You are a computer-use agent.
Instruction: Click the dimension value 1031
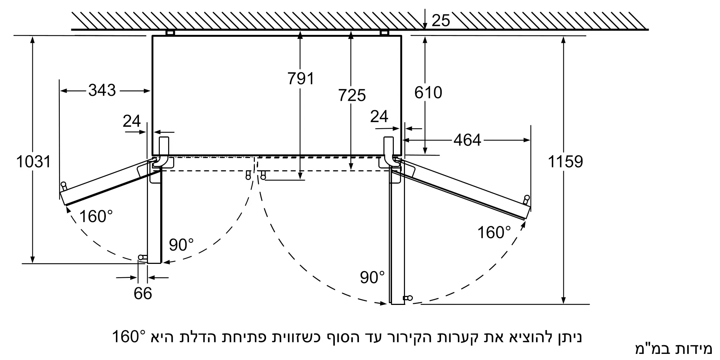click(33, 162)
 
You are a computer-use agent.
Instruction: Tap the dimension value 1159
click(565, 162)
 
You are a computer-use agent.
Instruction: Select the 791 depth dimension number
click(301, 78)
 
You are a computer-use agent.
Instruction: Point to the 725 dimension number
click(352, 95)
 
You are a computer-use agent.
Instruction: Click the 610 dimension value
click(428, 93)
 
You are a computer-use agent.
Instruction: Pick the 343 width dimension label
click(102, 90)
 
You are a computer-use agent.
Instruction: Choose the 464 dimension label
click(467, 140)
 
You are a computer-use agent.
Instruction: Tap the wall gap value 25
click(441, 21)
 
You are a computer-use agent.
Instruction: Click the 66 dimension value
click(143, 293)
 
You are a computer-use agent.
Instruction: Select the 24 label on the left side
click(131, 121)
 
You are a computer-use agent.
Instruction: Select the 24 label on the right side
click(379, 117)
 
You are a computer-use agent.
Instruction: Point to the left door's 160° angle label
click(96, 217)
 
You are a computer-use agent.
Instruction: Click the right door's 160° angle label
click(494, 233)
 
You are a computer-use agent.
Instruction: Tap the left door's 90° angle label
click(181, 245)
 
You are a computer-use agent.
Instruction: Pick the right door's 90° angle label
click(372, 277)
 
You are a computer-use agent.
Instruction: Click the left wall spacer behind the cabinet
click(170, 33)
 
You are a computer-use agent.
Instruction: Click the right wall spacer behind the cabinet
click(384, 33)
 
